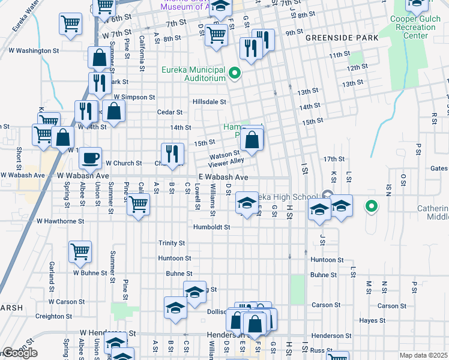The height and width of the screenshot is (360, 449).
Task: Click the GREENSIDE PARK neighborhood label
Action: [342, 38]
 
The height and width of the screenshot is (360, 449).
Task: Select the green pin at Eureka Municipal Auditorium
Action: [235, 74]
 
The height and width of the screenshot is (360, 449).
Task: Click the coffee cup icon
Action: [90, 158]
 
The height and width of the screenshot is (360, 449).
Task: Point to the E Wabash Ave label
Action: [224, 178]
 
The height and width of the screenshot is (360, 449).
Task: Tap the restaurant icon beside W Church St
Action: [172, 154]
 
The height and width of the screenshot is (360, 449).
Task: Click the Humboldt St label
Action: [212, 227]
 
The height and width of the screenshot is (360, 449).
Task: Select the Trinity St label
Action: [172, 243]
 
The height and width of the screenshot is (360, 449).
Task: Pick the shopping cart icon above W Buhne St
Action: [80, 252]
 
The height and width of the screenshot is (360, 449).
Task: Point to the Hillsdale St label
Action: [209, 102]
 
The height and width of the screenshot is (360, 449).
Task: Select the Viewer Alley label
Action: [226, 161]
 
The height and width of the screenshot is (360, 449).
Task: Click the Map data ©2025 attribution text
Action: [423, 355]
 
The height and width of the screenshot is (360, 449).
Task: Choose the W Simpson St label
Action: [134, 97]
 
